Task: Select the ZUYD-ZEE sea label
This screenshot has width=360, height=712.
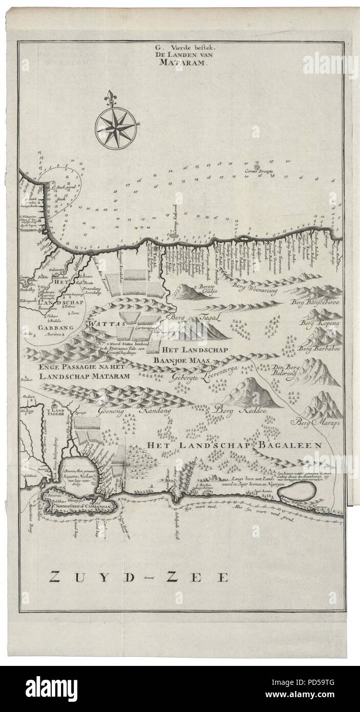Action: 138,577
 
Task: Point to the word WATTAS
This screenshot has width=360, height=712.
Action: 102,324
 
